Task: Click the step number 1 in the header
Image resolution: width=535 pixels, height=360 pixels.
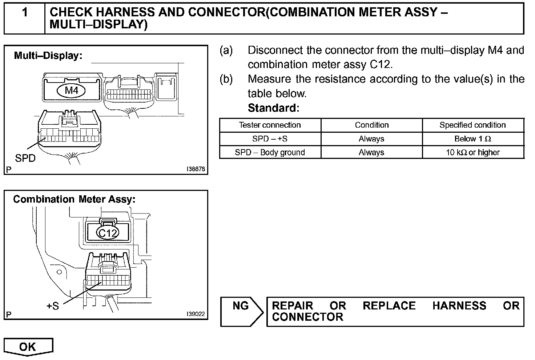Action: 25,13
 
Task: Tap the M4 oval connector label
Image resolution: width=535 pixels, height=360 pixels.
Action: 71,90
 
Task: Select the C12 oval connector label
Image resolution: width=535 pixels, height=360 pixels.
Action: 108,233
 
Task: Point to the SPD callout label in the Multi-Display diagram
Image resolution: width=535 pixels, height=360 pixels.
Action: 25,158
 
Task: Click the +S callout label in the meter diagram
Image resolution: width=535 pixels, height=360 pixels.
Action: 53,306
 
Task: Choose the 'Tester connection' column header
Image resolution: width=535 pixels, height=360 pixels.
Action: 270,125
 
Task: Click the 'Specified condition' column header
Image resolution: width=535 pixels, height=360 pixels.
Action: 472,125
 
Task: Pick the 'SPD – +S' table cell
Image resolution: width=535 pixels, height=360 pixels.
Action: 270,139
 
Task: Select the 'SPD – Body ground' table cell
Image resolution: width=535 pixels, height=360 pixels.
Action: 270,152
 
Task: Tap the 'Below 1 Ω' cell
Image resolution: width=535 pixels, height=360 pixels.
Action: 472,139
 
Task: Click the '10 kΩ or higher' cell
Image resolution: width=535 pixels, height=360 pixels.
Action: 472,152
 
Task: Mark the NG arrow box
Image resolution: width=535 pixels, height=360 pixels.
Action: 241,311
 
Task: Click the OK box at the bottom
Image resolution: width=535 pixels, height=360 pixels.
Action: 28,347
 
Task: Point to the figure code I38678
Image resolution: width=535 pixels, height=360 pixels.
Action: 196,169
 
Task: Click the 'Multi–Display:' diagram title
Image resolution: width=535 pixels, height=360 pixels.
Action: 48,56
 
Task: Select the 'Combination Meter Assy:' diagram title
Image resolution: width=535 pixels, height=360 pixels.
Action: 74,199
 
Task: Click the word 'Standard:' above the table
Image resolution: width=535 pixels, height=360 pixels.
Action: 273,108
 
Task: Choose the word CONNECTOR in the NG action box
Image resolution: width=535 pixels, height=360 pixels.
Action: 307,317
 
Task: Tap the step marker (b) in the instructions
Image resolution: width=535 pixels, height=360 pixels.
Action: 226,79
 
